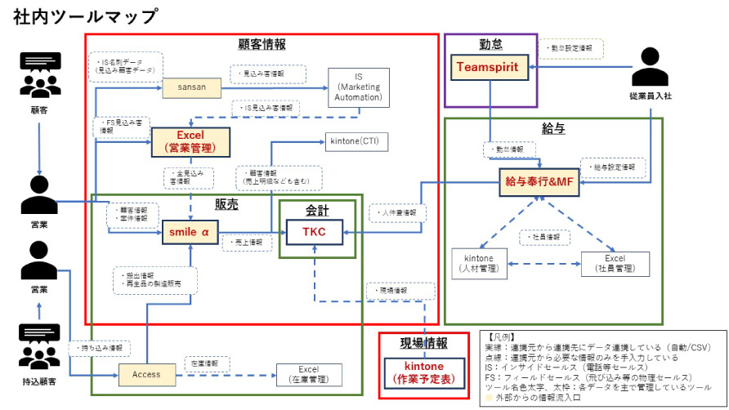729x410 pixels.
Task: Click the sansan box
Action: (x=190, y=85)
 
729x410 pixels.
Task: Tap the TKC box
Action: (x=314, y=233)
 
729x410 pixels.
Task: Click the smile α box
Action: (x=190, y=233)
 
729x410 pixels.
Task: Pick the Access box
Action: (x=146, y=374)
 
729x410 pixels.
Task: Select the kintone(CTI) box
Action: (x=357, y=141)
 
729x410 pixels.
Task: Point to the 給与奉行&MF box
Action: (x=540, y=181)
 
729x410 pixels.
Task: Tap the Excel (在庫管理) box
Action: (x=307, y=375)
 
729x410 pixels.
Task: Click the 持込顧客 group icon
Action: (x=39, y=346)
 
